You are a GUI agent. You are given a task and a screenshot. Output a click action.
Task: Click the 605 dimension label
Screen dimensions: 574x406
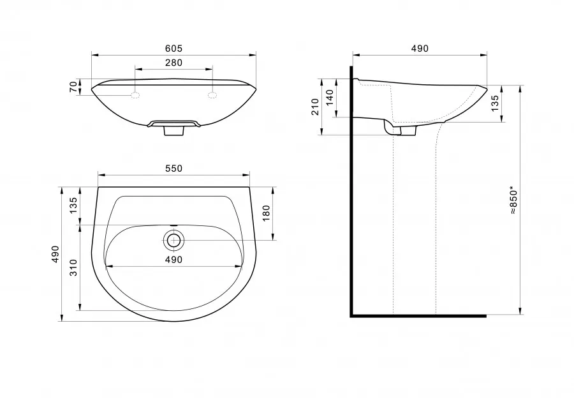(x=173, y=49)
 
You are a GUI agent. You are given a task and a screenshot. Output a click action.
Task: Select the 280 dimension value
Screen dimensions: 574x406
(x=173, y=63)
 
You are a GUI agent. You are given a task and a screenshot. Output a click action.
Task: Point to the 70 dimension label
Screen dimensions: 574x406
(x=73, y=87)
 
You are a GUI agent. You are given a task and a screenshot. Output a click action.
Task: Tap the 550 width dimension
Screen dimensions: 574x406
(x=173, y=169)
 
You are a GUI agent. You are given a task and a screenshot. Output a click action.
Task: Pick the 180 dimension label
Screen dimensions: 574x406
(x=266, y=213)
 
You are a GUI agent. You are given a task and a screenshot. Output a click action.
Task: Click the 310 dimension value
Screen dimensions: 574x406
(x=73, y=267)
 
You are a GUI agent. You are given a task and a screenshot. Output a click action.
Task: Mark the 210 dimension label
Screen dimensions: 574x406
(x=315, y=107)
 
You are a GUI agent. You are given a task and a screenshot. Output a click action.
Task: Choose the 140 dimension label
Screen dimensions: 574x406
(x=330, y=98)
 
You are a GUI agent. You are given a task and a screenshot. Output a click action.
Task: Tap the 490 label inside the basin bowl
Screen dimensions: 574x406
(x=173, y=260)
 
